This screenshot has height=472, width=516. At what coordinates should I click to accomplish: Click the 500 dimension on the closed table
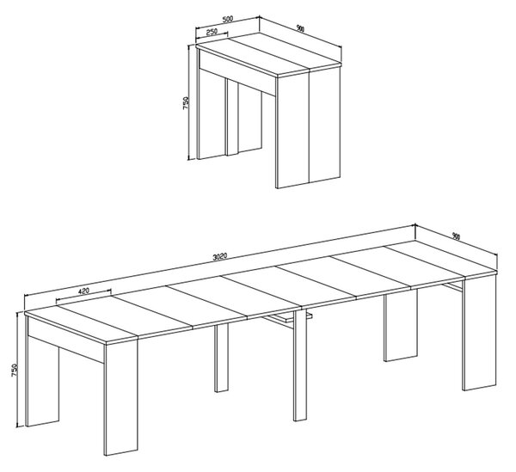[x=228, y=19]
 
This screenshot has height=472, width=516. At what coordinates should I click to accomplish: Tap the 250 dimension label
[x=212, y=32]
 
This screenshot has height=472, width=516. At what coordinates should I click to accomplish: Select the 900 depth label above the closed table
[x=300, y=28]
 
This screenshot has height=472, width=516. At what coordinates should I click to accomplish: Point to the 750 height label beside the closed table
[x=185, y=103]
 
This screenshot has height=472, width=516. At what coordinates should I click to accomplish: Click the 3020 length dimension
[x=219, y=257]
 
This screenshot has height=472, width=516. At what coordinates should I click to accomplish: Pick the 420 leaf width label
[x=84, y=291]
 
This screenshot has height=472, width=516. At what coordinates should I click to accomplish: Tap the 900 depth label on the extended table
[x=456, y=236]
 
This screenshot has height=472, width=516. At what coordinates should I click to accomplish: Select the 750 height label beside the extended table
[x=14, y=371]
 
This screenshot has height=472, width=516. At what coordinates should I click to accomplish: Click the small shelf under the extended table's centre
[x=287, y=317]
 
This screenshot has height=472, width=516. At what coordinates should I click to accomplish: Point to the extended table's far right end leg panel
[x=479, y=332]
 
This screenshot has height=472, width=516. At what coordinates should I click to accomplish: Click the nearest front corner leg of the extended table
[x=121, y=395]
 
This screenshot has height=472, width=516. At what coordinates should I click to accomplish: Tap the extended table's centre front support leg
[x=300, y=365]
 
